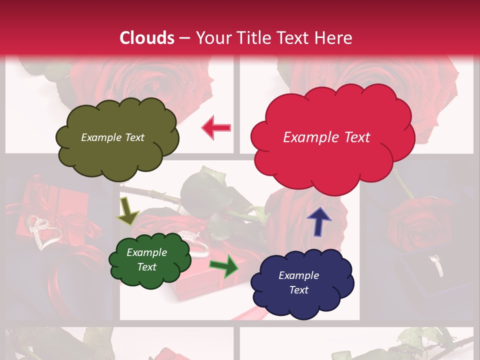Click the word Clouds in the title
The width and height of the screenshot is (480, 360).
(147, 38)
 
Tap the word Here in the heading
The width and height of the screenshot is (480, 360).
(334, 38)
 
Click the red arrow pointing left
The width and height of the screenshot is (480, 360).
(216, 128)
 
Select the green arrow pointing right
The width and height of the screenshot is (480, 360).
(223, 265)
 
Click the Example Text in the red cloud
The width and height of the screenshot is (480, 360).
(326, 137)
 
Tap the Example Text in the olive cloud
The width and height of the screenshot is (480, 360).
(112, 137)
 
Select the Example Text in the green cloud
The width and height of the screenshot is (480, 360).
(146, 259)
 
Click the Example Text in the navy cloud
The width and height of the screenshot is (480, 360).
(298, 282)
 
